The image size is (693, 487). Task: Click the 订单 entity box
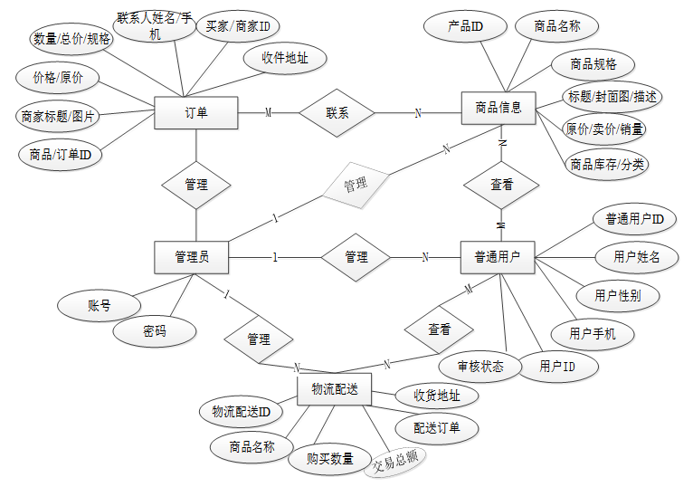click(x=196, y=113)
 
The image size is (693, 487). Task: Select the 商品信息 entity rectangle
click(x=498, y=108)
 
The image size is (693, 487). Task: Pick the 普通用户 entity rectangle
click(x=497, y=257)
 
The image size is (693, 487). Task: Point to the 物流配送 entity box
click(x=335, y=389)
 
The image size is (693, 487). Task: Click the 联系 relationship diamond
click(x=337, y=113)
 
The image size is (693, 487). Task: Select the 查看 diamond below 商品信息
click(x=501, y=184)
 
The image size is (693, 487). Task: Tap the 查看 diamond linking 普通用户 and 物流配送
click(x=439, y=329)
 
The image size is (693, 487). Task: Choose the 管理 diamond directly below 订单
click(x=196, y=185)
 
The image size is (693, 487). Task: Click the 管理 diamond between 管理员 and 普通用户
click(x=356, y=257)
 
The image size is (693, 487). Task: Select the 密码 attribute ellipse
click(x=155, y=331)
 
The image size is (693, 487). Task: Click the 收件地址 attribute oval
click(x=285, y=59)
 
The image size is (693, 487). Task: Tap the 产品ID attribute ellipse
click(x=465, y=27)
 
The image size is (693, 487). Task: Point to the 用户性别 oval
click(x=619, y=295)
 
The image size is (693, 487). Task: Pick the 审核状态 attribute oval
click(x=480, y=367)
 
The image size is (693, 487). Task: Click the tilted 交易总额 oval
click(x=395, y=461)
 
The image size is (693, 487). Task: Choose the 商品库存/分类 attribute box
click(x=607, y=165)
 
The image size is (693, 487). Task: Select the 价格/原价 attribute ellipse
click(x=58, y=78)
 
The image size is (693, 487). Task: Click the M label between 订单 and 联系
click(x=268, y=113)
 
